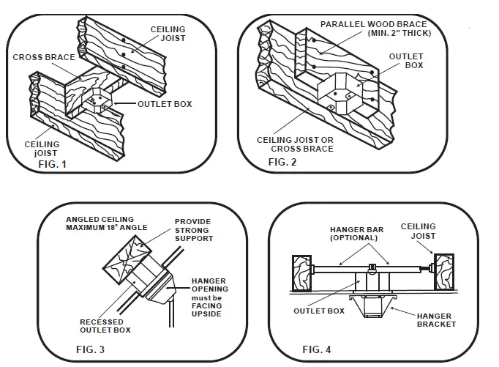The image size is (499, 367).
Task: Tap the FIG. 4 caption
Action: click(x=317, y=349)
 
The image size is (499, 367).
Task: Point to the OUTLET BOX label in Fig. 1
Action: click(x=165, y=104)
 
